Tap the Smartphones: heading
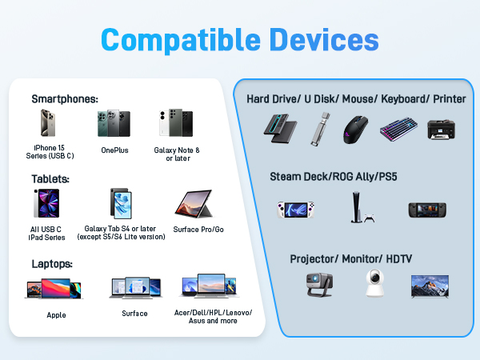pos(65,99)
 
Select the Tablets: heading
pos(50,179)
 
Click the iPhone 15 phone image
pos(46,124)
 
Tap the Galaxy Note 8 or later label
pos(177,154)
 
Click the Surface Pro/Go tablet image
pos(193,205)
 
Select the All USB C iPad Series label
pos(46,233)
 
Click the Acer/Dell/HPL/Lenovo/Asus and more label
pos(212,315)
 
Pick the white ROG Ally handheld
pos(293,210)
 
